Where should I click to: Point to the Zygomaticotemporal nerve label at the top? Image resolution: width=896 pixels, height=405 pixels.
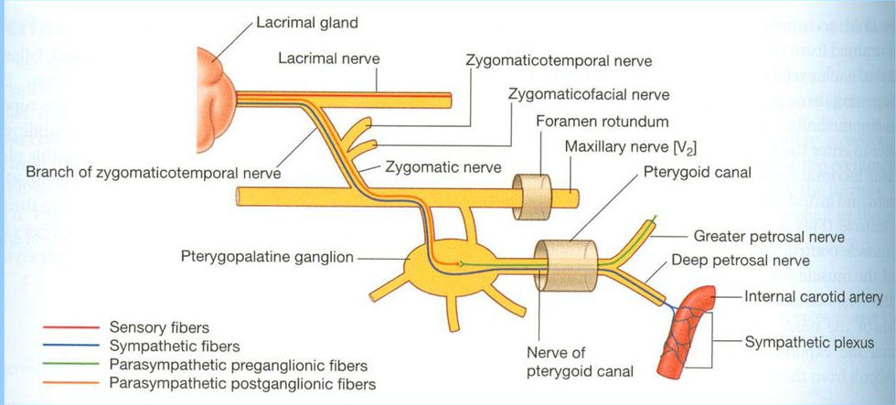coord(559,61)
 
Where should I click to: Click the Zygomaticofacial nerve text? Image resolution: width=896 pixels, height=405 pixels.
coord(589,94)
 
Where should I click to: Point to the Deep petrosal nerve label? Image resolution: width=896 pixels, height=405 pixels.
coord(740,261)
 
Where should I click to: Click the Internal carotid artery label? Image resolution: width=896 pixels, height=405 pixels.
coord(814,297)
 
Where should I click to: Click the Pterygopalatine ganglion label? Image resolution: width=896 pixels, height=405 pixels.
coord(266,258)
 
